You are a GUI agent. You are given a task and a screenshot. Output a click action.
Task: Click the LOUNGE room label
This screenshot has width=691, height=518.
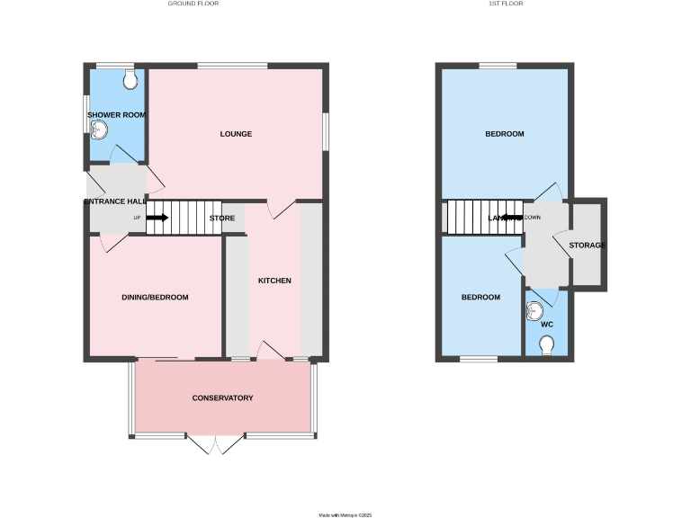(236, 134)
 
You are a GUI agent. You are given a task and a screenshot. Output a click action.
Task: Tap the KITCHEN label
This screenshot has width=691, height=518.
(274, 281)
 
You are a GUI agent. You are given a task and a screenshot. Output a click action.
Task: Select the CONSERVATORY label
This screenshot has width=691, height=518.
(222, 398)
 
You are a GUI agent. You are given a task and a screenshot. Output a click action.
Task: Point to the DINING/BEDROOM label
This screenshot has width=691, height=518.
(155, 297)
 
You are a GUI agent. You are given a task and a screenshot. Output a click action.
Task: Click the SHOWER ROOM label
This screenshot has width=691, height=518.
(116, 115)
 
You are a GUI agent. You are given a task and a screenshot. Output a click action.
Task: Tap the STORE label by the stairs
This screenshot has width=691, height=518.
(222, 219)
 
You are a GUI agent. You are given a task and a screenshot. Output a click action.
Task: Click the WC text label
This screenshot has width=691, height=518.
(546, 325)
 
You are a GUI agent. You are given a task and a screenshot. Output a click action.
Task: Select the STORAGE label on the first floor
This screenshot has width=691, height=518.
(587, 246)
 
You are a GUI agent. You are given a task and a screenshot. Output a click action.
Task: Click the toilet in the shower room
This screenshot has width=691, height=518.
(132, 81)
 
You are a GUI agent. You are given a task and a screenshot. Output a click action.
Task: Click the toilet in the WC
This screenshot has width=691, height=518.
(546, 344)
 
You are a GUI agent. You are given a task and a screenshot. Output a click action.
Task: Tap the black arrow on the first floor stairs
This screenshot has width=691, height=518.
(512, 218)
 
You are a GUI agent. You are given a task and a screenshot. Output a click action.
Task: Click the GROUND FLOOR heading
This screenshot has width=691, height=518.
(193, 4)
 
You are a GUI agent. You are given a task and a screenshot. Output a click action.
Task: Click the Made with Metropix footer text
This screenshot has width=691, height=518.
(345, 515)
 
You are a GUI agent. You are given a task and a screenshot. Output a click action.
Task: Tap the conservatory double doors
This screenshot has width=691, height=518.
(217, 444)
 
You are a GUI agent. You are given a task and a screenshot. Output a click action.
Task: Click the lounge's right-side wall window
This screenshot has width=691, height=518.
(326, 132)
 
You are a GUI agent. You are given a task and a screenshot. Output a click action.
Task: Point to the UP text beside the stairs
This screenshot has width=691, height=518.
(137, 219)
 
